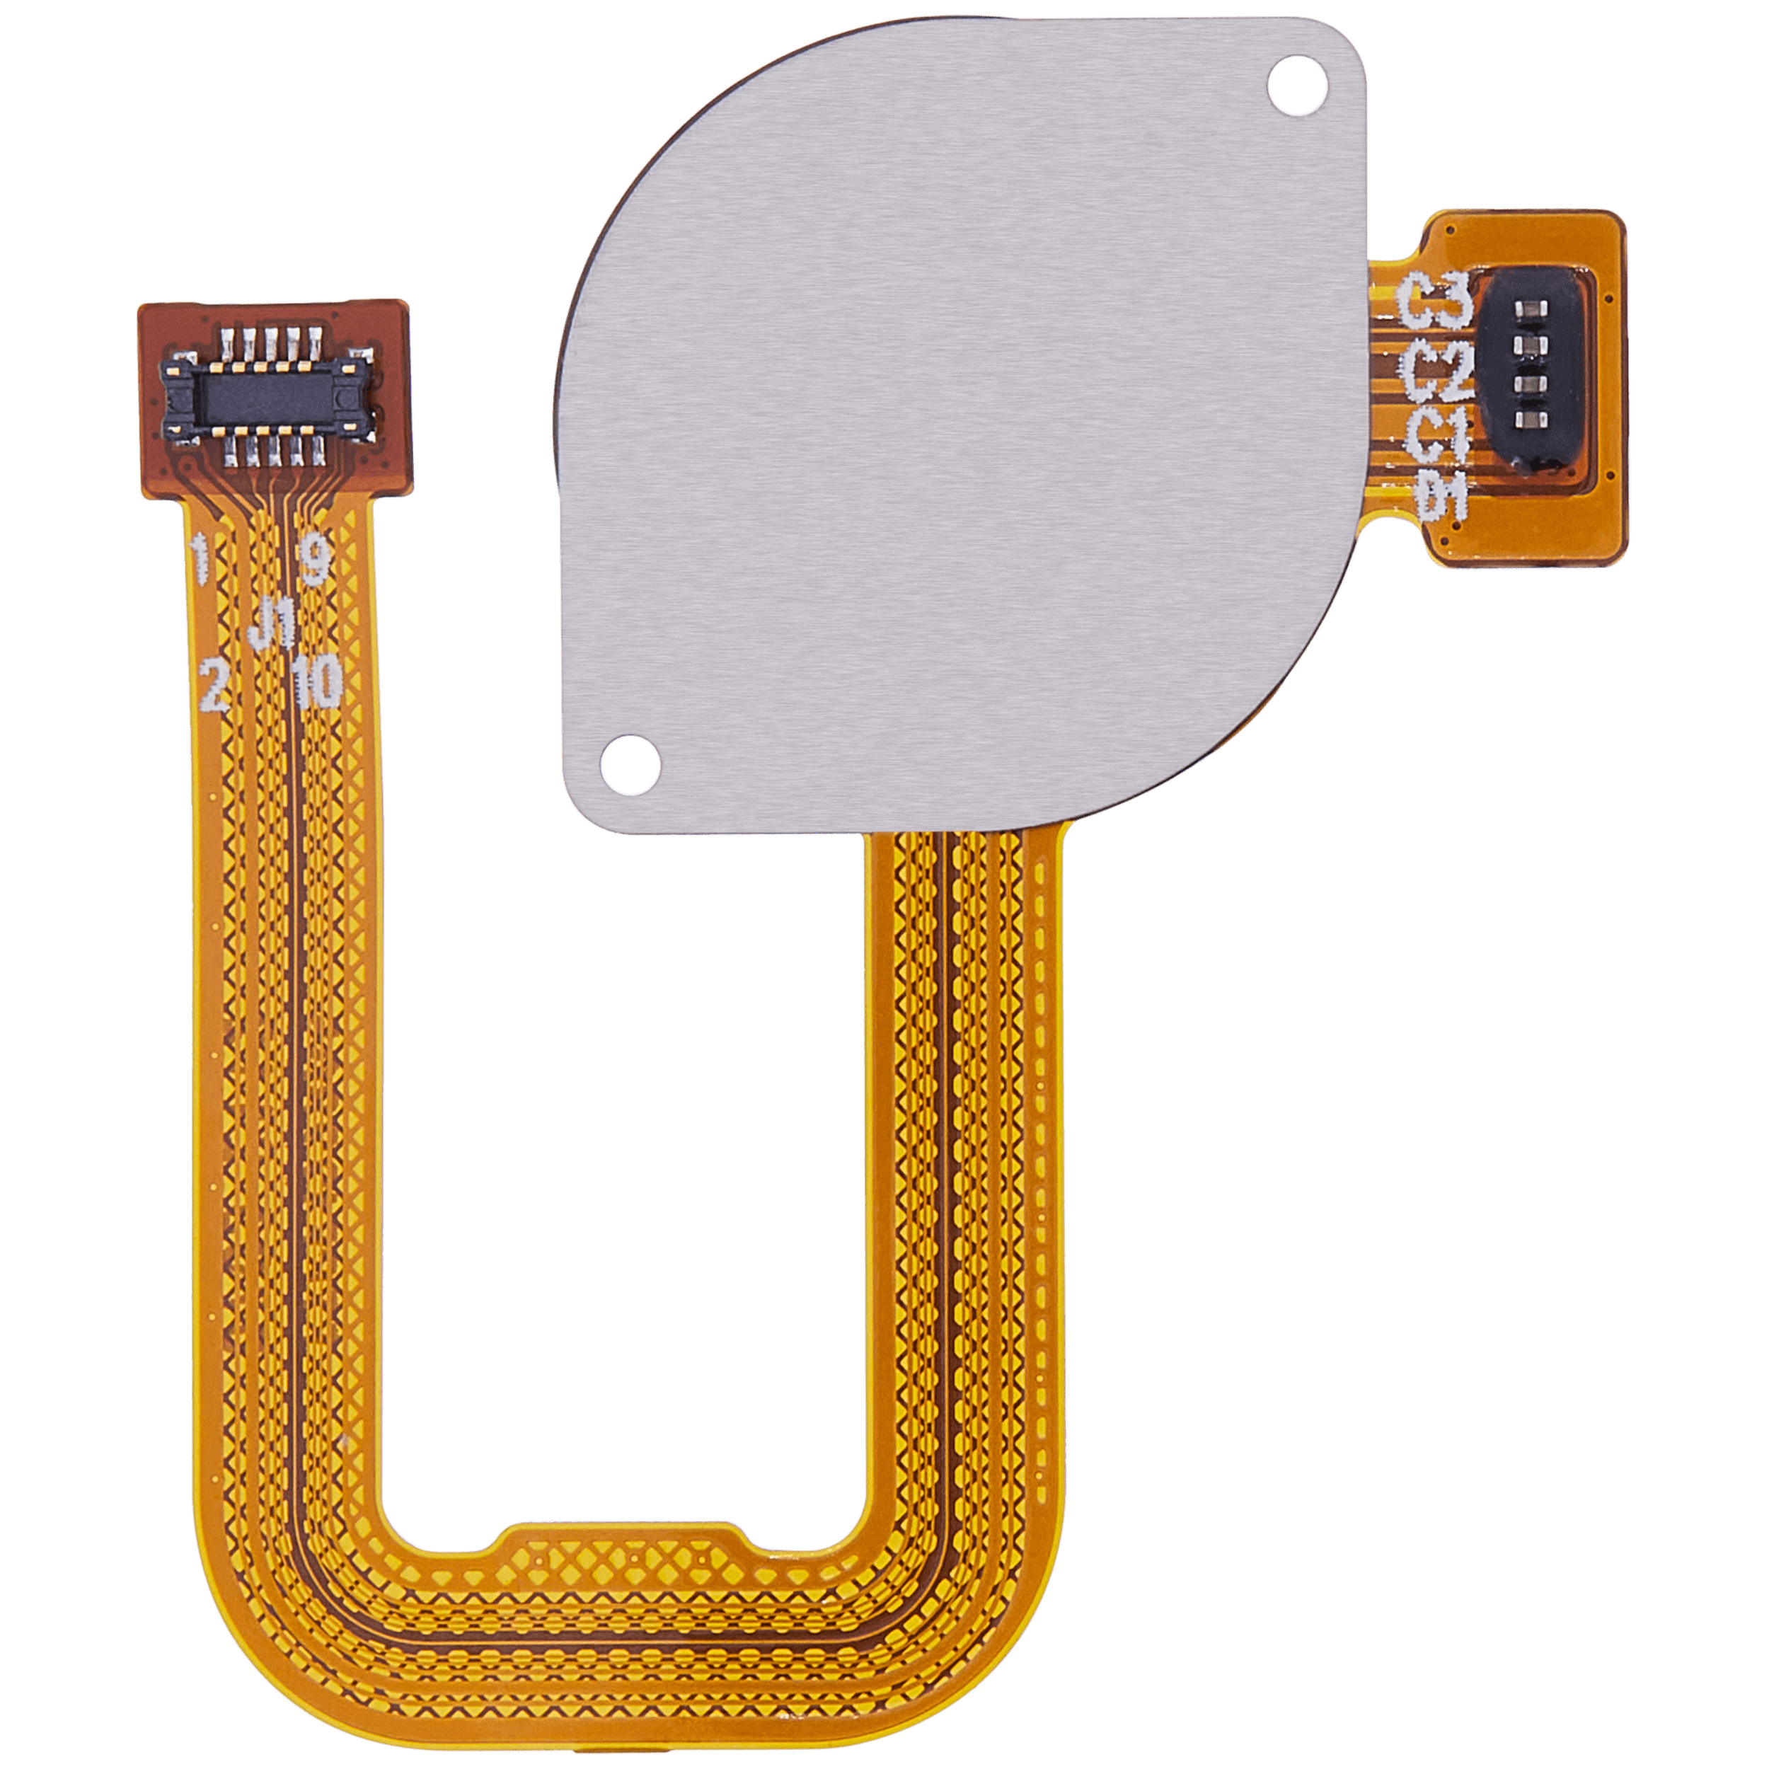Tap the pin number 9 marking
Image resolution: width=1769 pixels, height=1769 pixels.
click(315, 561)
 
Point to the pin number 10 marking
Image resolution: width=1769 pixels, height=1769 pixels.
click(317, 683)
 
